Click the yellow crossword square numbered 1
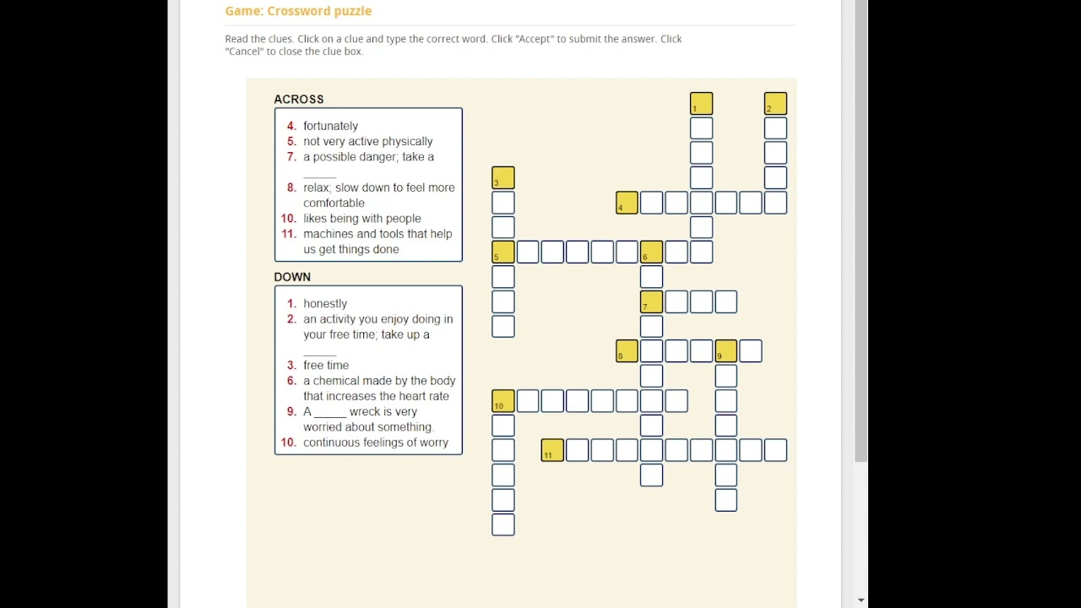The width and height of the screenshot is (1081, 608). tap(701, 104)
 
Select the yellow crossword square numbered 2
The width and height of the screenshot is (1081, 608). tap(775, 104)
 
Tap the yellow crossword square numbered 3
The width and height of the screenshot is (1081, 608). tap(502, 178)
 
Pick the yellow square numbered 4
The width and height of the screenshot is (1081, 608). tap(627, 203)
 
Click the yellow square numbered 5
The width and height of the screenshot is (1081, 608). tap(502, 252)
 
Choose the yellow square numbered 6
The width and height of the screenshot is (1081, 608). tap(651, 252)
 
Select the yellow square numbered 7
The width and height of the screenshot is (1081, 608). tap(651, 301)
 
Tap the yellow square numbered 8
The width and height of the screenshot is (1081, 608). tap(627, 351)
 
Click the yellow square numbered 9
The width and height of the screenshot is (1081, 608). tap(725, 351)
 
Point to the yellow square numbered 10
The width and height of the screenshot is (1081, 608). tap(502, 401)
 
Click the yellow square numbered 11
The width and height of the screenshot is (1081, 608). tap(552, 450)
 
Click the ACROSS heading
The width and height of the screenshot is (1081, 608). tap(298, 99)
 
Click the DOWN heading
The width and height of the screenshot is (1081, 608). tap(292, 277)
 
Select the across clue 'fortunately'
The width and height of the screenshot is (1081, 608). tap(330, 126)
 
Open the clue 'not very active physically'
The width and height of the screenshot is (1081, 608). tap(367, 141)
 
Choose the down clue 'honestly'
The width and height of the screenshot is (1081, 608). tap(325, 303)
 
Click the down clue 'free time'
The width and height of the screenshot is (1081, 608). tap(326, 365)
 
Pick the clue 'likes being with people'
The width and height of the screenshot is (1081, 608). tap(361, 218)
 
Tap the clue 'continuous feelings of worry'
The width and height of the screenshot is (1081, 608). tap(375, 442)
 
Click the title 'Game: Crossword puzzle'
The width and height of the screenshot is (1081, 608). tap(298, 11)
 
